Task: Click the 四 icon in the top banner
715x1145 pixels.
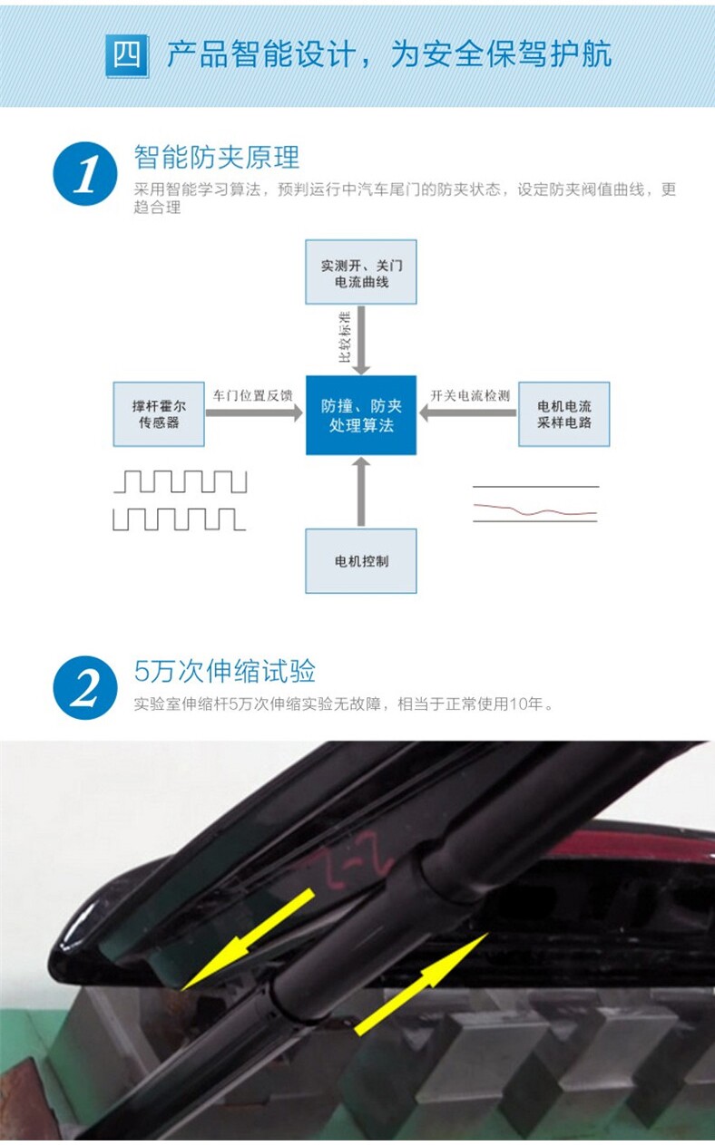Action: tap(126, 55)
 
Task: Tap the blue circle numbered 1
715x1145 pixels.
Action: tap(85, 173)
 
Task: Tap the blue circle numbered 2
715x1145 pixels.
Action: tap(85, 688)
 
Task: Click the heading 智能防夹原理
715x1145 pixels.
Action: tap(217, 157)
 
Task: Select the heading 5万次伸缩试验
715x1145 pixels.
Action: tap(225, 672)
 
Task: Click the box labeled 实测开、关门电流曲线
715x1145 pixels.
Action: tap(361, 272)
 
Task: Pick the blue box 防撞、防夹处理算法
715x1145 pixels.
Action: tap(361, 415)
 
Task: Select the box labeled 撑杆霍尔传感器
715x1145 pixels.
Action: tap(159, 414)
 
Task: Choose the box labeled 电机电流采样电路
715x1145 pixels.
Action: tap(563, 414)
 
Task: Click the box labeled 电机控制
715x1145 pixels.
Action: tap(361, 561)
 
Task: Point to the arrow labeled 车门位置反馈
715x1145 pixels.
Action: tap(254, 412)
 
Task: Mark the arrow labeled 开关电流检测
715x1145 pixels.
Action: tap(468, 412)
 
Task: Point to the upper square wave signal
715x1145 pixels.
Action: tap(180, 481)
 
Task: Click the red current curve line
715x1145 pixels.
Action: tap(535, 510)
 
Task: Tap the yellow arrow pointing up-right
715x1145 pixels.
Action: tap(422, 984)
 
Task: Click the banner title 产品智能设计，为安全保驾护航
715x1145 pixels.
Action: tap(388, 54)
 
